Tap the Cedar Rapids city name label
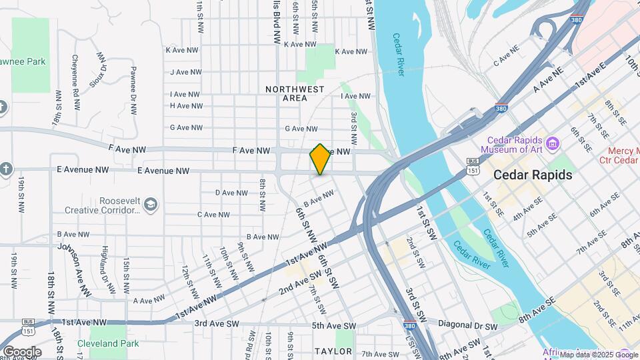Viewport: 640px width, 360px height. (533, 175)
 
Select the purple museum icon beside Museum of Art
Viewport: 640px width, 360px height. (552, 143)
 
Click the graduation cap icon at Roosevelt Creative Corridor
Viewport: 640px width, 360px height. (151, 204)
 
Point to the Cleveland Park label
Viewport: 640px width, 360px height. (107, 343)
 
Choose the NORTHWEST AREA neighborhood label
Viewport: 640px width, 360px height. (295, 93)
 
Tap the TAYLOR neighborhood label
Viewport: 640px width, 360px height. (333, 351)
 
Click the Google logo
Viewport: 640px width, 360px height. (22, 352)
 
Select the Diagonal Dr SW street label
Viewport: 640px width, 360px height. (471, 327)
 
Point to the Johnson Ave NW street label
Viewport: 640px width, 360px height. (74, 269)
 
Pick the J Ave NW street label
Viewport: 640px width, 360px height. (185, 72)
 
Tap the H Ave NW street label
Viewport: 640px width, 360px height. (186, 105)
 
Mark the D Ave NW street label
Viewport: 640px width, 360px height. (231, 193)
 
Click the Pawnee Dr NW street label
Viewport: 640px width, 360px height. (133, 90)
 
